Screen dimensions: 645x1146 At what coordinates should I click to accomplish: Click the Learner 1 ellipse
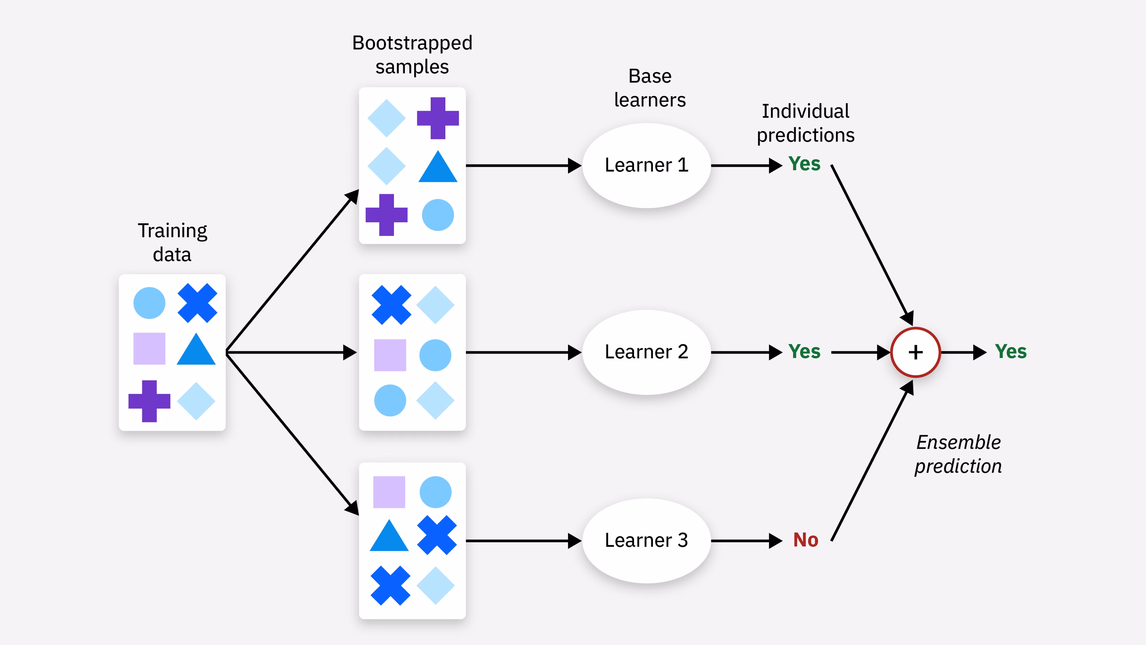coord(646,165)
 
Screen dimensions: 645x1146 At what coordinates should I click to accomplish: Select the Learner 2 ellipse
coord(646,352)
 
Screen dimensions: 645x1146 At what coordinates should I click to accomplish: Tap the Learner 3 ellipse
coord(646,540)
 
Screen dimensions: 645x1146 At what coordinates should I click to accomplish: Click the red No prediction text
coord(806,540)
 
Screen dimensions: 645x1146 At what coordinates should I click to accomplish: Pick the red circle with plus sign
coord(915,352)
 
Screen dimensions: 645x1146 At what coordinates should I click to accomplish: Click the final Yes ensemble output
coord(1010,352)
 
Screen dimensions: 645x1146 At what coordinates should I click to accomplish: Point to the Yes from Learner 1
coord(805,164)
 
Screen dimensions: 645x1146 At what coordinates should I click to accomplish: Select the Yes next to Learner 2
coord(805,352)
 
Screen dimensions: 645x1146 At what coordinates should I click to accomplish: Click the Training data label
coord(172,243)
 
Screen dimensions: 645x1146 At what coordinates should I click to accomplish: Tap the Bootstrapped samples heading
coord(412,55)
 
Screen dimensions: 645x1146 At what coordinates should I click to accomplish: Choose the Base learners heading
coord(650,88)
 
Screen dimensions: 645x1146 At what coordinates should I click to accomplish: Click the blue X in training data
coord(197,303)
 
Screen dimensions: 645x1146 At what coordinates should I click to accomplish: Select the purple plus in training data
coord(149,401)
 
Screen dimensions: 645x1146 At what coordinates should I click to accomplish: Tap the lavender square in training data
coord(149,349)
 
